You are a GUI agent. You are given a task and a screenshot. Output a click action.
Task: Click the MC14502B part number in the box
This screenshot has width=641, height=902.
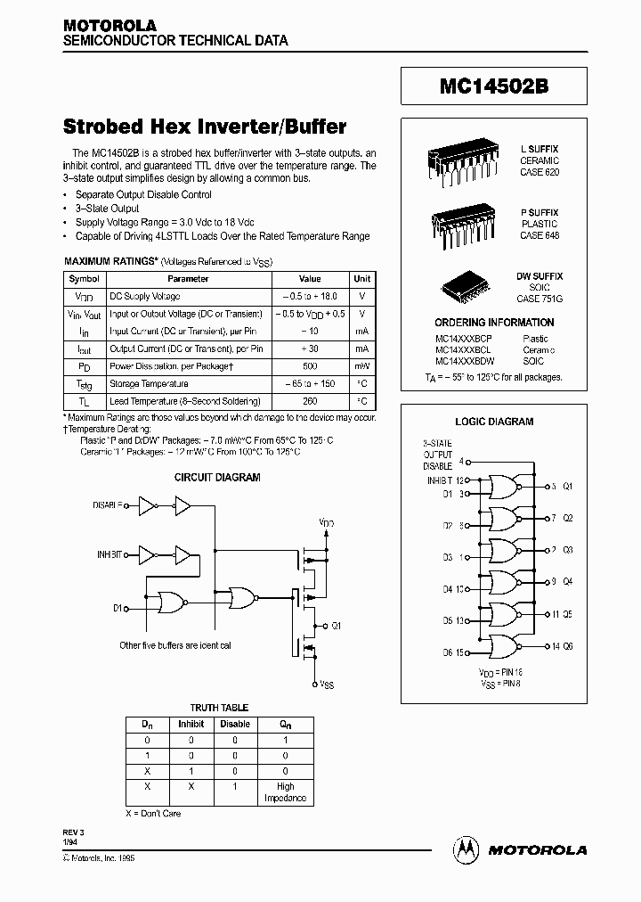pos(493,88)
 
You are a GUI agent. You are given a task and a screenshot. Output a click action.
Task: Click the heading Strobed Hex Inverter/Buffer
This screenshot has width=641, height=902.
pos(205,127)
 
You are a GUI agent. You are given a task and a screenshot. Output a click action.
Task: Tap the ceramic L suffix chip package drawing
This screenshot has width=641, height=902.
pos(464,163)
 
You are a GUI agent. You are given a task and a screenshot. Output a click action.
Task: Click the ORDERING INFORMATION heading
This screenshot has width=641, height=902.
pos(493,323)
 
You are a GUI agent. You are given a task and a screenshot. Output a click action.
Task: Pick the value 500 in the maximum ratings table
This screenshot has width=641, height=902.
pos(310,366)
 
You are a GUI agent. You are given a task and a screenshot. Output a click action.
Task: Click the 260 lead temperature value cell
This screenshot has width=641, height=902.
pos(310,401)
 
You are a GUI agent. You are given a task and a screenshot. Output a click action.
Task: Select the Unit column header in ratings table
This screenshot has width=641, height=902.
pos(362,279)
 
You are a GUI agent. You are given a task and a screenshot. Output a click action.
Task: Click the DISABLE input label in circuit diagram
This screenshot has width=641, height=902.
pos(108,505)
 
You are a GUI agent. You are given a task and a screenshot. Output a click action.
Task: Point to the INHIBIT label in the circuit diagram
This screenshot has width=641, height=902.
pos(110,554)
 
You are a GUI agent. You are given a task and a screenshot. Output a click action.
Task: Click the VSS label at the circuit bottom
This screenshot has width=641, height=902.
pos(327,685)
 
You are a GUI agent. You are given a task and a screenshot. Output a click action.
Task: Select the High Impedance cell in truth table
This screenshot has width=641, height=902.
pos(285,792)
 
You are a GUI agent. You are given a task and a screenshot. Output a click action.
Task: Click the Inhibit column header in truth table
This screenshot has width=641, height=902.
pos(191,724)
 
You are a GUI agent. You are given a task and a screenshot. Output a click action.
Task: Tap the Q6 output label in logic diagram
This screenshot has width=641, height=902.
pos(568,646)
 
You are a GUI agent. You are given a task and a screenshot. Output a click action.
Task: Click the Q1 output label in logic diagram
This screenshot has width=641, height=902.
pos(568,487)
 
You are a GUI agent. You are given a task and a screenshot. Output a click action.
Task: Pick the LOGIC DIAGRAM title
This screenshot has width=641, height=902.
pos(494,422)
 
